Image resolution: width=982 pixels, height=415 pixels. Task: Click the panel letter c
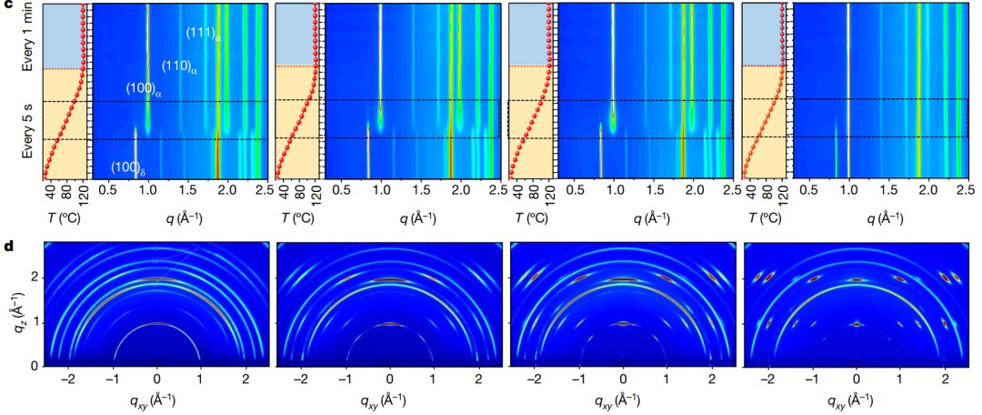pos(7,7)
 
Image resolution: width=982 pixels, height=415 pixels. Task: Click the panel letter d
pos(7,247)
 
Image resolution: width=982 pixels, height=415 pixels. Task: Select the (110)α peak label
pos(179,66)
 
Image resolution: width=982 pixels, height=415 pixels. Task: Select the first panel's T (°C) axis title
pos(62,219)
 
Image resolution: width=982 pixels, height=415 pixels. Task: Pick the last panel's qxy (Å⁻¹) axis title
pos(857,400)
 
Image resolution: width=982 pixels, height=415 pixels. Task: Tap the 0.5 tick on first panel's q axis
pos(106,190)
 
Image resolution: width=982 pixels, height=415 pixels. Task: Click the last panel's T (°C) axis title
pos(766,219)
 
